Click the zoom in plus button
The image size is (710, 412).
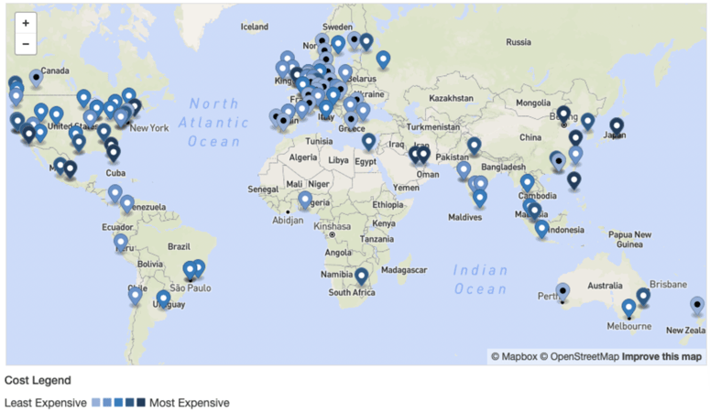point(25,22)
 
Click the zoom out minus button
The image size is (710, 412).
point(25,43)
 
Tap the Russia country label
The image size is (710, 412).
point(519,41)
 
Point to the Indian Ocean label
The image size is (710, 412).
point(480,279)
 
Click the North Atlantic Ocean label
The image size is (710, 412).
point(213,123)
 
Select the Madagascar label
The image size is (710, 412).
point(404,270)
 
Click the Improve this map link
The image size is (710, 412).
point(661,356)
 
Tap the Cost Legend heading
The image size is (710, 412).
point(38,379)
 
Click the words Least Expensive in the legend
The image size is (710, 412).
point(45,402)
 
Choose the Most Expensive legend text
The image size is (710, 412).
point(190,402)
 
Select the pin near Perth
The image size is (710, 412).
point(563,291)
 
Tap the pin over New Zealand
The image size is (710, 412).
point(697,305)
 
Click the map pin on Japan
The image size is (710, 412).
point(617,125)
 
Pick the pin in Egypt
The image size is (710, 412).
point(368,142)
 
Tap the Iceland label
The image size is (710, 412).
point(254,27)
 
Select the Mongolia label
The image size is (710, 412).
point(533,103)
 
